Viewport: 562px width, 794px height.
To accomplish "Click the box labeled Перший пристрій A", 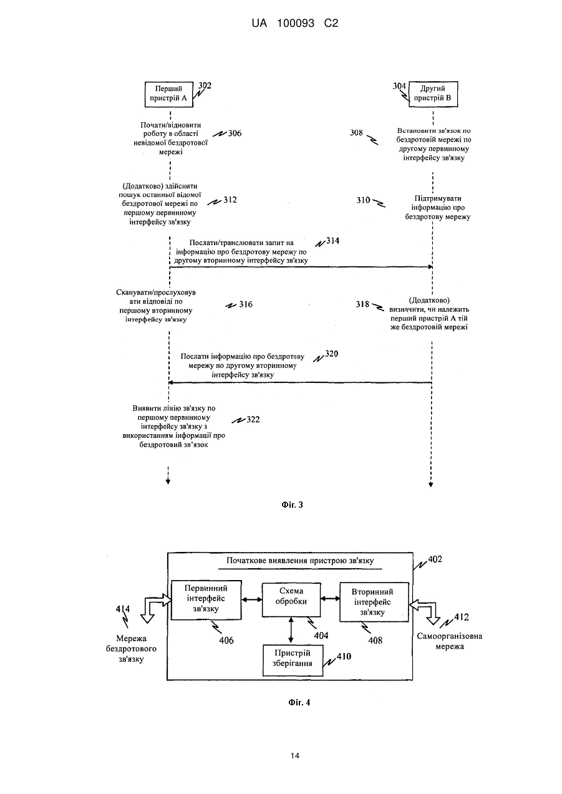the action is coord(169,94).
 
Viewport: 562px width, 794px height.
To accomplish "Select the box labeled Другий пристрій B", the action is coord(434,94).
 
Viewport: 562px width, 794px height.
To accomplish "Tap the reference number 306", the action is coord(235,133).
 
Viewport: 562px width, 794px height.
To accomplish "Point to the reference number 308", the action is coord(356,133).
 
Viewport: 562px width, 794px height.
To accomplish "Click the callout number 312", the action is coord(230,200).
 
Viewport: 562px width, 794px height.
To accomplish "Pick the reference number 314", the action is coord(332,241).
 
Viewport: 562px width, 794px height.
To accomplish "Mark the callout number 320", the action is coord(332,354).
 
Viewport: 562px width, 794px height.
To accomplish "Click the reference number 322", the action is coord(253,420).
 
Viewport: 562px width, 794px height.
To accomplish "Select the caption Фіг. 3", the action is coord(292,505).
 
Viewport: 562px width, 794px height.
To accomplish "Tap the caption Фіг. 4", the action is coord(299,702).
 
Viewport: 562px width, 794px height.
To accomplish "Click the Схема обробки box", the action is coord(291,600).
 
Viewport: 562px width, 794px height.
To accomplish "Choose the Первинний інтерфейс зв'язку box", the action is coord(206,600).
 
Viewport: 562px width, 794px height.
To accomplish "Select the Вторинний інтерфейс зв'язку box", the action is coord(374,602).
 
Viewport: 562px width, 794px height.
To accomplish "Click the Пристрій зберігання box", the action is coord(293,661).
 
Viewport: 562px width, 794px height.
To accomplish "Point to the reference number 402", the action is coord(435,559).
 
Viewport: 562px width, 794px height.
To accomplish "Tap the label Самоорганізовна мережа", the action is coord(450,641).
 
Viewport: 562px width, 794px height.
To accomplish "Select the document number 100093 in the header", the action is coord(296,23).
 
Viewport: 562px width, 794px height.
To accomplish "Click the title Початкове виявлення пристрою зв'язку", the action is coord(300,561).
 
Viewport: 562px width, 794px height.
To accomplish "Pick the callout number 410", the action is coord(344,656).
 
